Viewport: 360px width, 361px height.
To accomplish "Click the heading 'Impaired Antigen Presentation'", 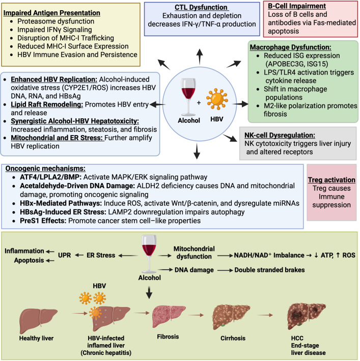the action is pos(52,13).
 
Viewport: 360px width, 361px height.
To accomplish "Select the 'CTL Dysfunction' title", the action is pos(201,7).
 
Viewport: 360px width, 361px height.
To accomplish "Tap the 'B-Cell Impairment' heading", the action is pos(297,6).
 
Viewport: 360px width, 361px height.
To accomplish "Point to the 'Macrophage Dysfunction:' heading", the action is pos(291,47).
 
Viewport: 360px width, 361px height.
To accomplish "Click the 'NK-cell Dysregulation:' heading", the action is pos(280,135).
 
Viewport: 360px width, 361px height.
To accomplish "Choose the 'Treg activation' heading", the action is pos(331,180).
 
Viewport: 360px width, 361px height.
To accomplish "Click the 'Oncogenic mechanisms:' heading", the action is pos(45,169).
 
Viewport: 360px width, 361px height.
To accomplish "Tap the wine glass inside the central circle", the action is pos(188,97).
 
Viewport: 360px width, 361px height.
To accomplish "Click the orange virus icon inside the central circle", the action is pos(217,99).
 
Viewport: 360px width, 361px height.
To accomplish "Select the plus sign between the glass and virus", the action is pos(199,102).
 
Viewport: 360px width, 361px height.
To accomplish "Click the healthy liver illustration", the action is pos(38,321).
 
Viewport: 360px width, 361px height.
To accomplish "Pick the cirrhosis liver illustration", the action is pos(231,316).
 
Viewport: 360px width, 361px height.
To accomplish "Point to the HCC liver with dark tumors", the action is pos(307,316).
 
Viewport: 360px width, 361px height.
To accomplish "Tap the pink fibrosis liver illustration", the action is pos(169,317).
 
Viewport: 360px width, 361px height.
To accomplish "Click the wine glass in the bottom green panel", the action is pos(149,254).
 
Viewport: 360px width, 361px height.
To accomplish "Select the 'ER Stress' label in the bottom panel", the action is pos(101,255).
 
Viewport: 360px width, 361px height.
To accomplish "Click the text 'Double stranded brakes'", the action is pos(269,270).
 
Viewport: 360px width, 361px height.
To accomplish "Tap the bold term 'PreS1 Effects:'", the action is pos(43,221).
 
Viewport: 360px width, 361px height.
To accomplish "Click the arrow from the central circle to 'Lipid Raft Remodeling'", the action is pos(158,105).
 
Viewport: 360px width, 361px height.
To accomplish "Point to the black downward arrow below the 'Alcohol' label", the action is pos(149,292).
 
